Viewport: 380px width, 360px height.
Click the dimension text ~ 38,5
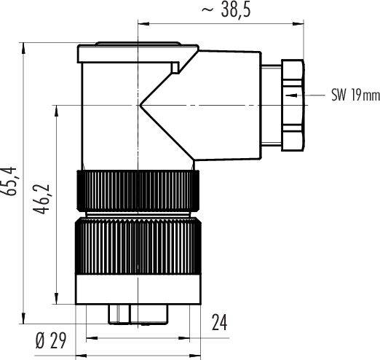pos(225,12)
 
